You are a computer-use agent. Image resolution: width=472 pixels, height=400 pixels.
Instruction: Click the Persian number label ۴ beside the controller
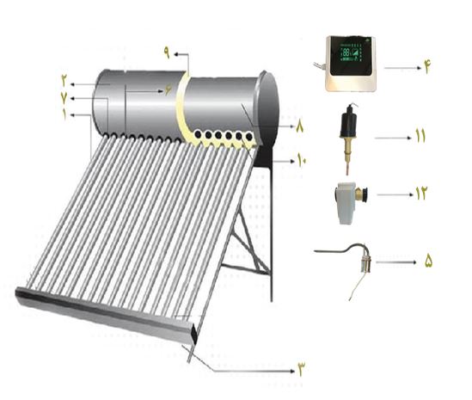427,68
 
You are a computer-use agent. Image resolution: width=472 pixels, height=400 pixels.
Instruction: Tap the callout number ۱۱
420,136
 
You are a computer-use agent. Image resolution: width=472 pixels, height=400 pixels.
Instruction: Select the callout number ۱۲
422,194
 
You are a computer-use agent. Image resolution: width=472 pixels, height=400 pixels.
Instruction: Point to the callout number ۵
428,261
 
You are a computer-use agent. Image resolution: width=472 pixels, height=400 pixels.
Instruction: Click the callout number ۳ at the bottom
301,369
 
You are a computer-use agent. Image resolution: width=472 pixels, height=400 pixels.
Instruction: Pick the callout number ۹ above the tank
167,52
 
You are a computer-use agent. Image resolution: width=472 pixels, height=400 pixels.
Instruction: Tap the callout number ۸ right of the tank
300,126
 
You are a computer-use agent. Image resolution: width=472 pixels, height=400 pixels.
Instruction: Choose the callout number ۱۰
302,159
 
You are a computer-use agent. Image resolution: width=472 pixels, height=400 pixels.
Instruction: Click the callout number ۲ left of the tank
64,81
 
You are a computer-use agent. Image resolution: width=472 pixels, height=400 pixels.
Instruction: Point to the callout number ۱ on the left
64,114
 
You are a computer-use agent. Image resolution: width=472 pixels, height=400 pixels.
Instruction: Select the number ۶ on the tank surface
169,90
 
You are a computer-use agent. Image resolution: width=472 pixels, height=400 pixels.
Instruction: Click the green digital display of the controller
351,53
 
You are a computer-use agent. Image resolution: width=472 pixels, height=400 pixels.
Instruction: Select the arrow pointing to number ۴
402,68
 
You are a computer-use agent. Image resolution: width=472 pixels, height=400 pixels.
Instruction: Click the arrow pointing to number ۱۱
393,138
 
